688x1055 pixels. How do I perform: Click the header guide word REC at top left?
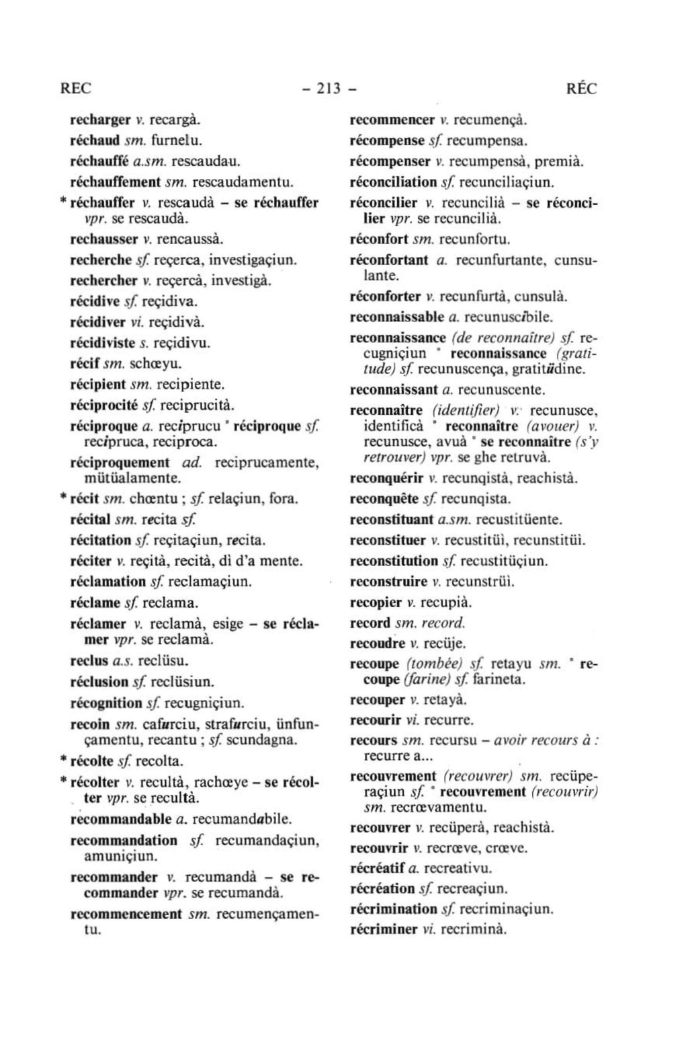[x=75, y=89]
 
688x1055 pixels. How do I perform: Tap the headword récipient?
[x=98, y=385]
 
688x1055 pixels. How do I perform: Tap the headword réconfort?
[x=380, y=239]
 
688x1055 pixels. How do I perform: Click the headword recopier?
[x=376, y=602]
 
